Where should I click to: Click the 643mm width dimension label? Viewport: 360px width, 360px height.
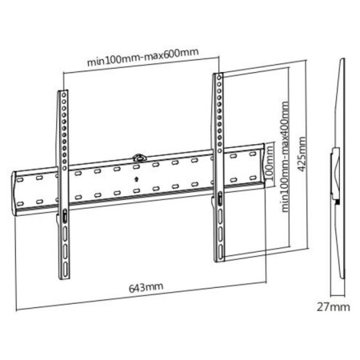point(146,287)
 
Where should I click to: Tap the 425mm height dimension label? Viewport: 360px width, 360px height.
point(302,154)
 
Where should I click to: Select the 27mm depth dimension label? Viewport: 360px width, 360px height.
point(334,307)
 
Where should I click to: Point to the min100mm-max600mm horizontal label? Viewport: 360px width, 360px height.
point(143,58)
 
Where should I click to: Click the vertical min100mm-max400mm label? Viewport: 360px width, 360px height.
point(286,157)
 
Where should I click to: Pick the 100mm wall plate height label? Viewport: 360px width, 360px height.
point(270,163)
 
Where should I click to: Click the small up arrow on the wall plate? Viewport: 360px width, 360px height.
point(137,178)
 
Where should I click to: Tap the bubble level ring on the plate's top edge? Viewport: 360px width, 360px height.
point(140,158)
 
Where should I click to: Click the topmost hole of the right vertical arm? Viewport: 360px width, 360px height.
point(219,78)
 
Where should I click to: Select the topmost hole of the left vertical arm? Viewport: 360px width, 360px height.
point(64,95)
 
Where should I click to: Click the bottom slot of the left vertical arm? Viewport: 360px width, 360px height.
point(66,269)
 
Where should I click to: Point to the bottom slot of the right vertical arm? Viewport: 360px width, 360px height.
point(221,251)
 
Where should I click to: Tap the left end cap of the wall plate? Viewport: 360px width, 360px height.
point(14,194)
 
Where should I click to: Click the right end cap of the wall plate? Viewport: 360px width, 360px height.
point(264,166)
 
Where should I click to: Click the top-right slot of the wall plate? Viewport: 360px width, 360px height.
point(253,154)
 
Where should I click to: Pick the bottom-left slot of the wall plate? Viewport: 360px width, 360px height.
point(20,204)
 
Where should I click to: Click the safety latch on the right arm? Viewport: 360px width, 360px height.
point(220,198)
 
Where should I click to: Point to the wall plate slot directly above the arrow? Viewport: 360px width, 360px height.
point(136,167)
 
